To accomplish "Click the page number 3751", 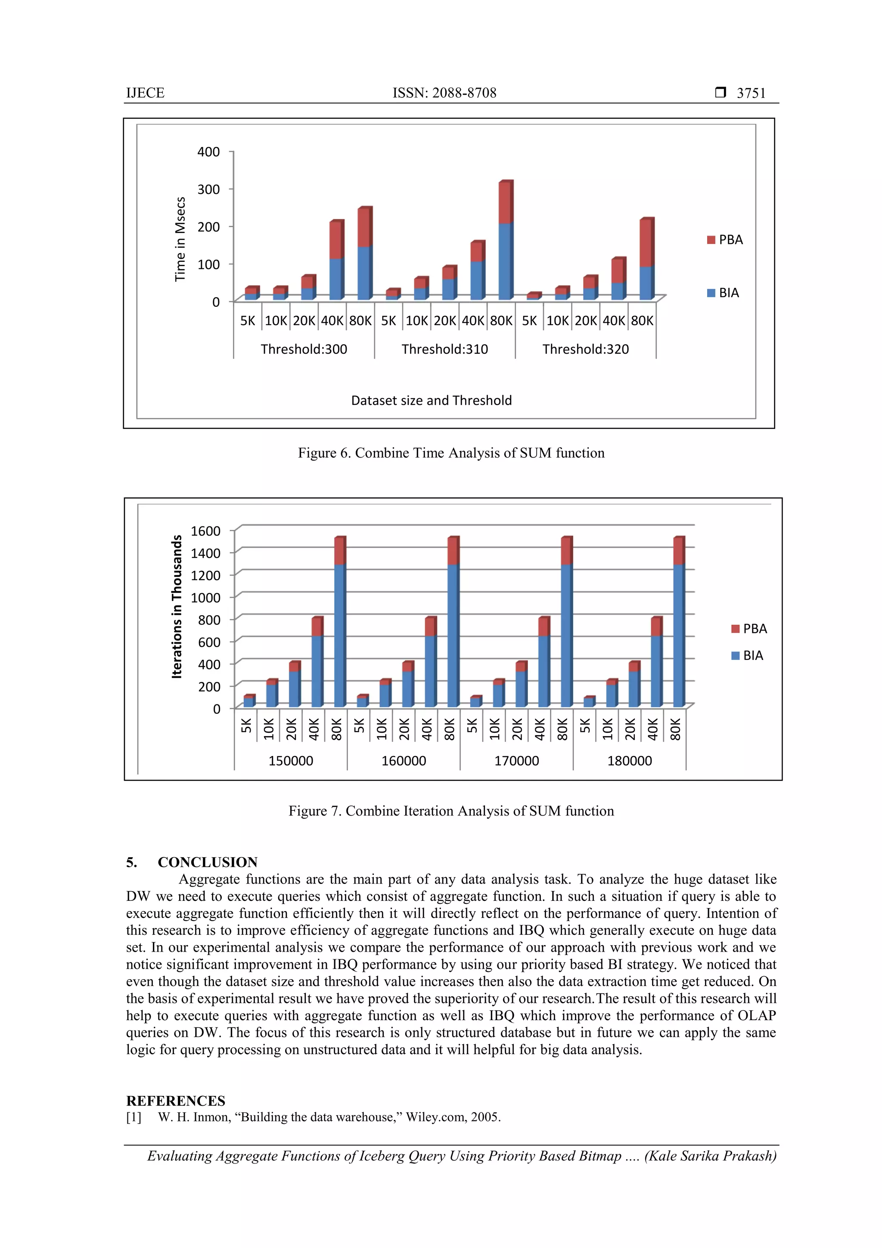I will [x=751, y=93].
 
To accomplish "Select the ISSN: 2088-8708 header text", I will [x=444, y=93].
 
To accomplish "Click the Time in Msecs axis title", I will [x=180, y=239].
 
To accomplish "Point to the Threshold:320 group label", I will [x=585, y=349].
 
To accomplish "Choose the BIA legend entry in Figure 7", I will [x=747, y=656].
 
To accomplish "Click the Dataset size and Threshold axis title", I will [x=431, y=401].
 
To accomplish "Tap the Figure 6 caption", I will [x=450, y=453].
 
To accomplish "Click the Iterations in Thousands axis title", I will [x=177, y=607].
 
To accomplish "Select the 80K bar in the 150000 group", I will [x=340, y=622].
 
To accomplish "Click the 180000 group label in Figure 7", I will [x=629, y=760].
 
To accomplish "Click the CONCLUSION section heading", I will [x=207, y=862].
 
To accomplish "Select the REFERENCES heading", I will [x=176, y=1101].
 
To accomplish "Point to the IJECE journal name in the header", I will [x=145, y=93].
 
